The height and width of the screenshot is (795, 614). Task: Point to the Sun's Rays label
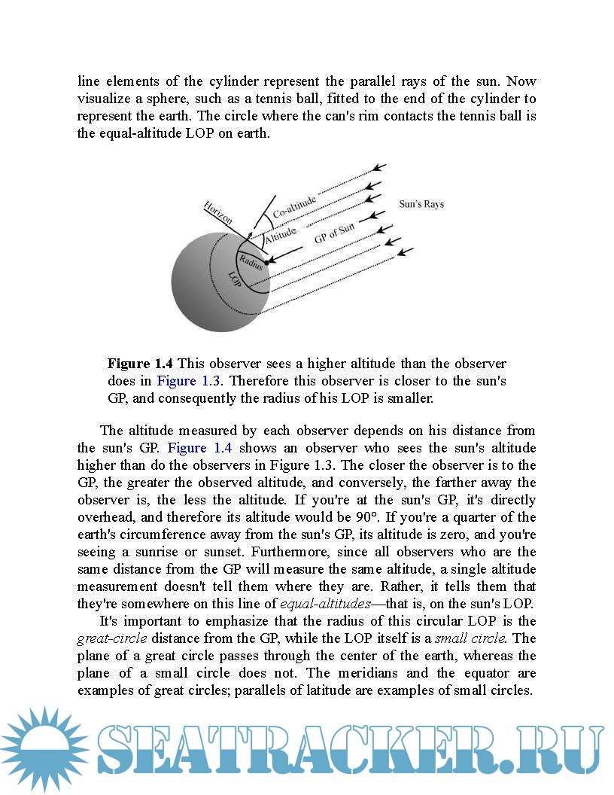point(421,204)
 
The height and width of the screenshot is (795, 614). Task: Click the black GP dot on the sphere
point(266,262)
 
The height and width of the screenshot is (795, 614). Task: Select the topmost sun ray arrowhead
point(380,166)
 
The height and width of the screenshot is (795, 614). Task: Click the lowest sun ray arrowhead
point(406,251)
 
